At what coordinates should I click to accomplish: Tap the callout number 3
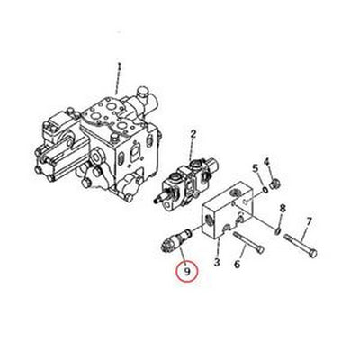216,262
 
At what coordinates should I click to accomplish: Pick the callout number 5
256,168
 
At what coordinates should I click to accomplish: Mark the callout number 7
309,221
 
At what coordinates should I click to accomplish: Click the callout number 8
282,208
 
